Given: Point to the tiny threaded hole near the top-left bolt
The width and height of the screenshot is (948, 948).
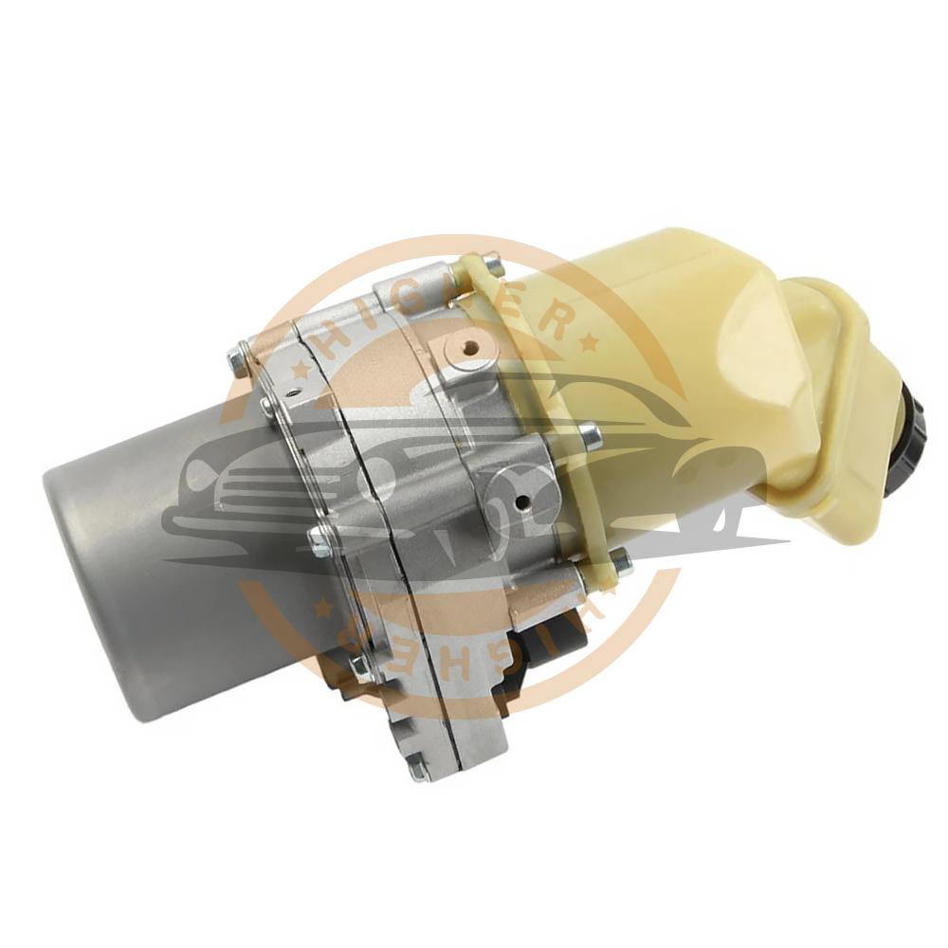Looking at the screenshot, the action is point(294,392).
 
